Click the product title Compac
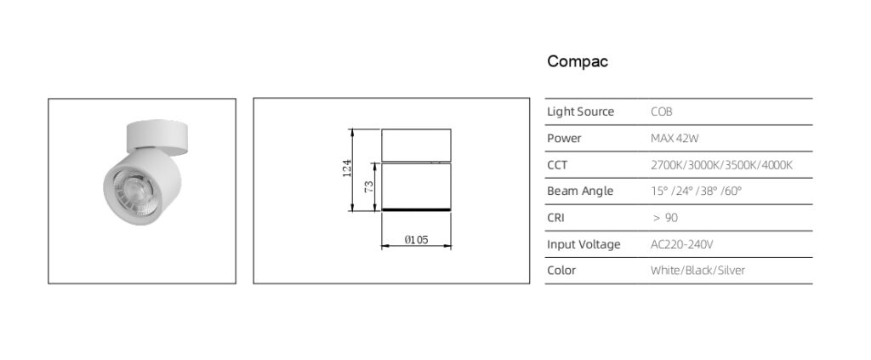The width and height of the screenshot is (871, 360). coord(578,62)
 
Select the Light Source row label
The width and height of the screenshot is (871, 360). coord(580,111)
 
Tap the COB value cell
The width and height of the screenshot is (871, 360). coord(662,111)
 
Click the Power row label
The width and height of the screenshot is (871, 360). coord(564,138)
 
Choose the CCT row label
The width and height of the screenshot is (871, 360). coord(558,164)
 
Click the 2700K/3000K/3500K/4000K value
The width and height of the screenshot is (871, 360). coord(721,164)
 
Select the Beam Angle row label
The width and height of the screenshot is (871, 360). coord(580,191)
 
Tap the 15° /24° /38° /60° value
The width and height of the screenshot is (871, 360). coord(696,191)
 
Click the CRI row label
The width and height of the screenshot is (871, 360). coord(556,218)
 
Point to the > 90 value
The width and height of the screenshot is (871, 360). coord(665,218)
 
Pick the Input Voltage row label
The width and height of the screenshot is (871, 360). coord(584,244)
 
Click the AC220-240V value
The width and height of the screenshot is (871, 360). coord(681,244)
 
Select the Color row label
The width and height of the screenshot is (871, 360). coord(561,271)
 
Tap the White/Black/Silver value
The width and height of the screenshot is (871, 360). coord(697,271)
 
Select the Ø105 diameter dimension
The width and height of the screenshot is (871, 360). coord(416,241)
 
